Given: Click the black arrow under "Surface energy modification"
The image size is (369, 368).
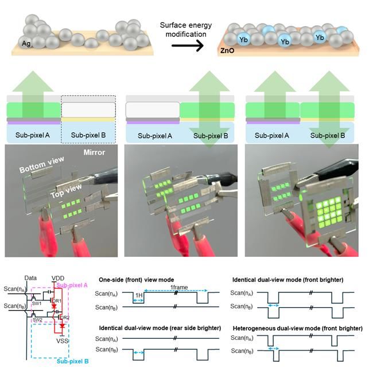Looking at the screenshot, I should tap(185, 45).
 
